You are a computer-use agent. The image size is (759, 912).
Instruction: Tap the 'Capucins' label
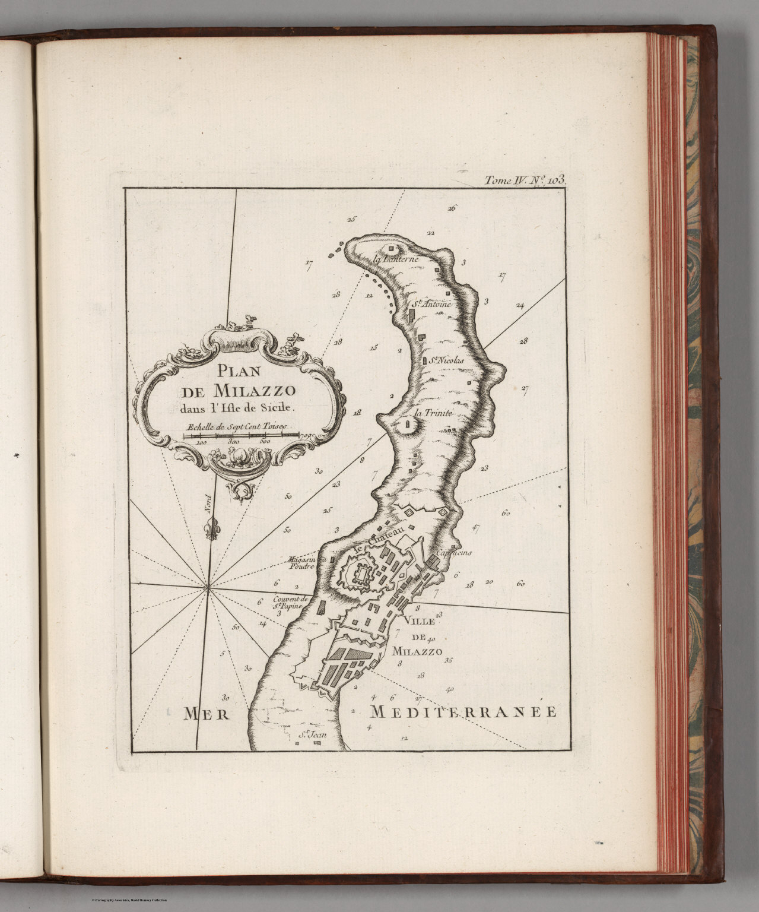click(x=453, y=553)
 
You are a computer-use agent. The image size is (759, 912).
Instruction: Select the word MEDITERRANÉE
click(x=463, y=712)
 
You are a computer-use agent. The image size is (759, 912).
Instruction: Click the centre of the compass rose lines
click(x=208, y=588)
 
